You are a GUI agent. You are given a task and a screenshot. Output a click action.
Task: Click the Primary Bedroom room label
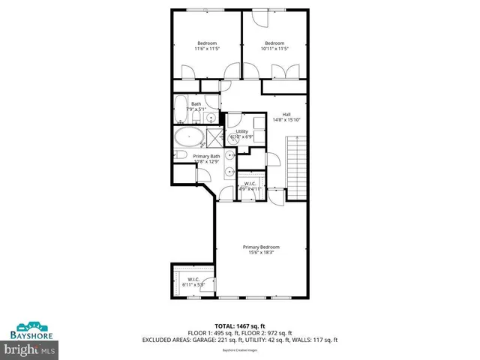point(260,247)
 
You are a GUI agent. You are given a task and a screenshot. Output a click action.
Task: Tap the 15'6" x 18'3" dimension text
point(260,253)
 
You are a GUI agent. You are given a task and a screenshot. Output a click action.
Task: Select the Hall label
point(286,114)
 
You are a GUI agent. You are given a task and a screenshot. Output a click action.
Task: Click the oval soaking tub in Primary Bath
point(187,138)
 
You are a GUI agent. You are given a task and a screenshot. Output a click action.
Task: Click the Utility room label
point(241,131)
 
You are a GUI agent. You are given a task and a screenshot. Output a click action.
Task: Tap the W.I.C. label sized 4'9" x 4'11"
point(250,183)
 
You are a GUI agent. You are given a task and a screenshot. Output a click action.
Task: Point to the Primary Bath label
point(205,156)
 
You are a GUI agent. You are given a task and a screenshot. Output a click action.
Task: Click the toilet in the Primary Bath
point(180,156)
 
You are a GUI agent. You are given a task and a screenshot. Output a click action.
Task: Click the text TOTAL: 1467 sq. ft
point(238,325)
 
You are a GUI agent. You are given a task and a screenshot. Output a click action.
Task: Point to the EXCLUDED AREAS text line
point(240,340)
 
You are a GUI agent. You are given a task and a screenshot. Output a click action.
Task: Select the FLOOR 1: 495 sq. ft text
point(208,333)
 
